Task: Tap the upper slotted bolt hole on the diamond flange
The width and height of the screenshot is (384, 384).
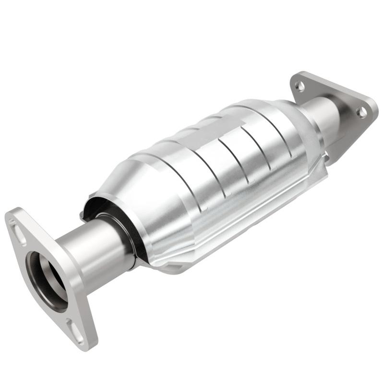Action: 20,235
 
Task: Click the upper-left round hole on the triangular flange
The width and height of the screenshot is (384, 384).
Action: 300,86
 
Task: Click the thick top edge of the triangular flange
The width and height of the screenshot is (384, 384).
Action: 336,84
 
